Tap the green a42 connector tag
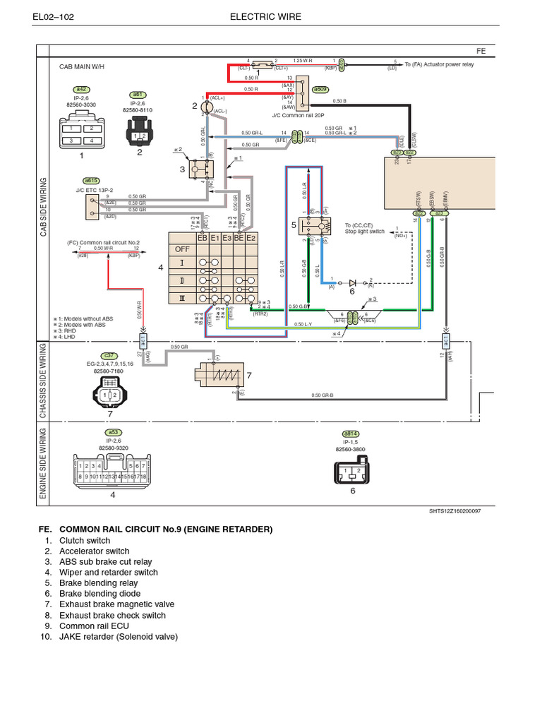pos(81,90)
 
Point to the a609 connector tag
pos(320,90)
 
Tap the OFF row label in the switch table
pos(182,249)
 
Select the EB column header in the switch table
pos(203,239)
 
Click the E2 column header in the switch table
pos(251,239)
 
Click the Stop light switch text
pos(365,232)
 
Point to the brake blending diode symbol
pos(351,281)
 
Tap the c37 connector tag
pos(109,355)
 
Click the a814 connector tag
pos(351,433)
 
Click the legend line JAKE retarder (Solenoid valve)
pos(118,637)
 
